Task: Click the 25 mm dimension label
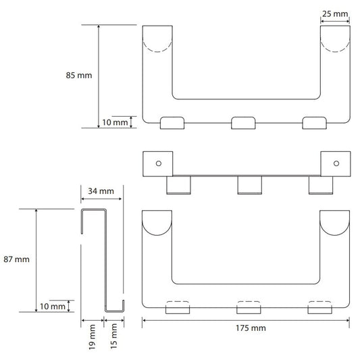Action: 335,14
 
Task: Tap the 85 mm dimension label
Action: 79,75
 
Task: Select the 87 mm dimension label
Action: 16,259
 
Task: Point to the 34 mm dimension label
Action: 101,191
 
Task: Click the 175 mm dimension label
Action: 251,328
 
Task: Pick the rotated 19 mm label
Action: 92,337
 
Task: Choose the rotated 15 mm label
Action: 114,336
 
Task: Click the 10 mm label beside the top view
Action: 115,122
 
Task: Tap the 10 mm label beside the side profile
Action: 53,306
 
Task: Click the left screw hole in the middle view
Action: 159,163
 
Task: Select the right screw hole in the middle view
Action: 336,163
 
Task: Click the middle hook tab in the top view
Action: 243,123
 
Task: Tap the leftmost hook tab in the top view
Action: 172,123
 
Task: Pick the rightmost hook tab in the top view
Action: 314,123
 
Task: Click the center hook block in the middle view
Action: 249,185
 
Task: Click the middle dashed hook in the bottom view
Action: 249,302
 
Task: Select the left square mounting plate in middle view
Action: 158,164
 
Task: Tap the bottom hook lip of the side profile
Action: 115,311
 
